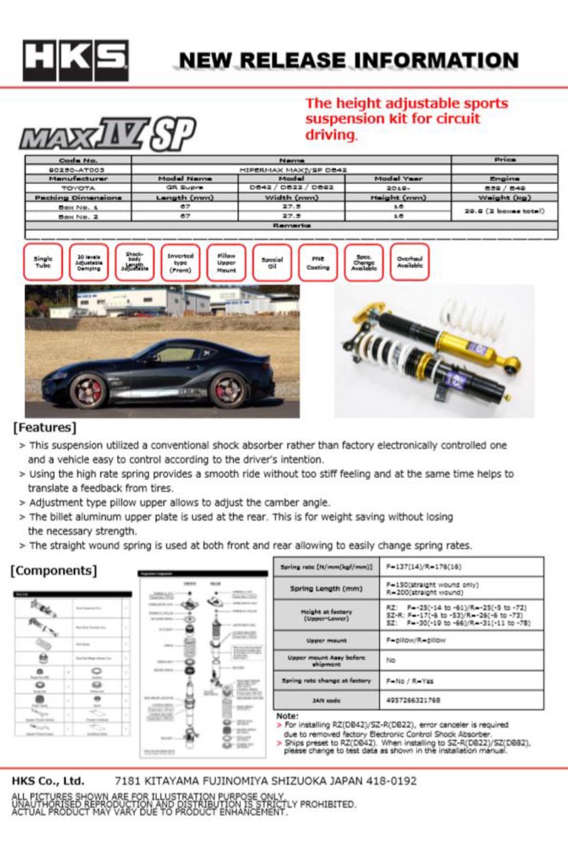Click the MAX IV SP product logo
[x=106, y=133]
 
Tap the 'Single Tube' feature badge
[x=43, y=263]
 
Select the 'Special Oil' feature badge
[x=272, y=263]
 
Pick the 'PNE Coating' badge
[x=318, y=263]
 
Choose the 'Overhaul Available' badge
[x=409, y=263]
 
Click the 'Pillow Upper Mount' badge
[x=226, y=263]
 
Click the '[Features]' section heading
[x=45, y=427]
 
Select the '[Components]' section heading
[x=55, y=570]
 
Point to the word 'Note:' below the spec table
[x=287, y=716]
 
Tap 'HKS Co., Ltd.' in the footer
[x=48, y=781]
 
